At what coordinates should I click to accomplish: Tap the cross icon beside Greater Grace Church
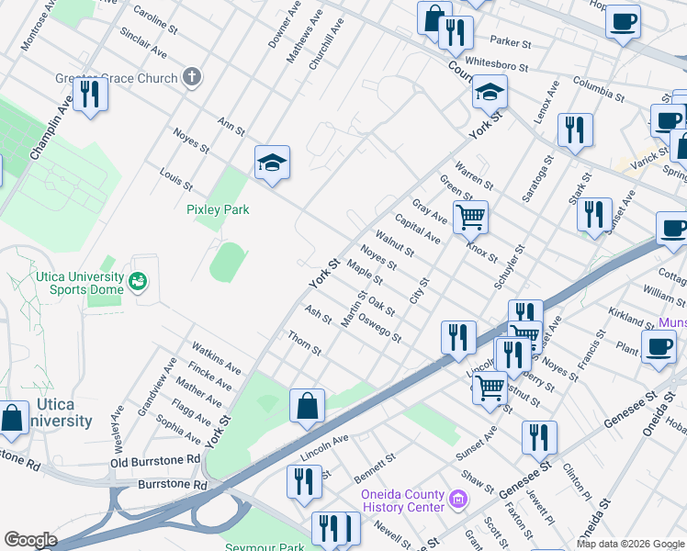pos(191,78)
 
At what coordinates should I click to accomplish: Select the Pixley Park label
pos(218,209)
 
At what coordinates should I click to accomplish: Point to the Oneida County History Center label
pos(402,500)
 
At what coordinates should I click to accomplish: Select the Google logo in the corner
pos(30,540)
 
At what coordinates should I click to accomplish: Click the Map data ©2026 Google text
pos(630,544)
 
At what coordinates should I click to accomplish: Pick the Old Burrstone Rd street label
pos(155,459)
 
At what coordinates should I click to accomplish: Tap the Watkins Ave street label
pos(216,358)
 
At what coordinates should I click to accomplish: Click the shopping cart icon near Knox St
pos(471,217)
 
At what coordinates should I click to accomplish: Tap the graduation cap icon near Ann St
pos(273,163)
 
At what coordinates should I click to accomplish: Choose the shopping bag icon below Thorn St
pos(307,405)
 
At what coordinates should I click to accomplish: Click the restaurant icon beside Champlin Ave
pos(90,95)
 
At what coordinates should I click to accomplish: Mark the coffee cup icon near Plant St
pos(658,347)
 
